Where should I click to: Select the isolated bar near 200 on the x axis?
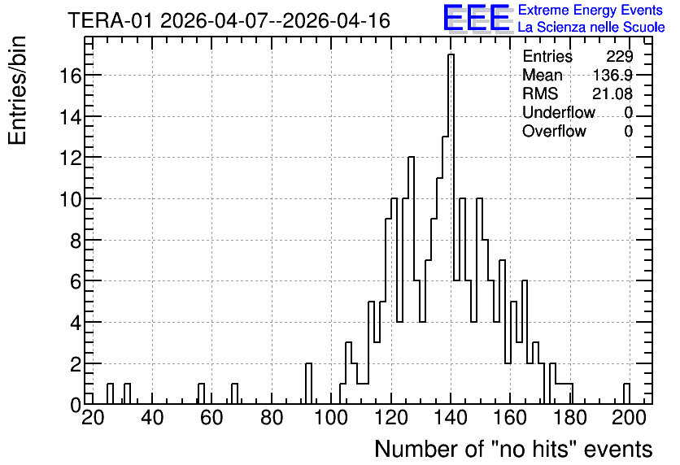tap(626, 393)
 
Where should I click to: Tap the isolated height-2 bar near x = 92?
tap(308, 384)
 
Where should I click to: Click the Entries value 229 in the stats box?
tap(619, 56)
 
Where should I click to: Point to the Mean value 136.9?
tap(612, 75)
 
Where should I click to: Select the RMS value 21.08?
tap(612, 93)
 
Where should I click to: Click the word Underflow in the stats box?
tap(559, 112)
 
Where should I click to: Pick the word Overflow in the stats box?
tap(554, 131)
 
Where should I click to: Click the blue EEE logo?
tap(477, 18)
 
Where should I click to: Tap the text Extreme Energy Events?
tap(591, 10)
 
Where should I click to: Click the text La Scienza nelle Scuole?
tap(591, 28)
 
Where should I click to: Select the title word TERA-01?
tap(111, 20)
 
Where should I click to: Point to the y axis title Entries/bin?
tap(17, 90)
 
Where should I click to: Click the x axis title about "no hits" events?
tap(513, 449)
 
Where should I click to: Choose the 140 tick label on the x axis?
tap(451, 418)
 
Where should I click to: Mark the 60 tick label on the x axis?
tap(211, 418)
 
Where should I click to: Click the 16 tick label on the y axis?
tap(70, 76)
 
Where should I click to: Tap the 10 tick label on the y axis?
tap(70, 200)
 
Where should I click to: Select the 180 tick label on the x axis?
tap(570, 418)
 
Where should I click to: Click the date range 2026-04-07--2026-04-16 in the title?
tap(276, 20)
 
